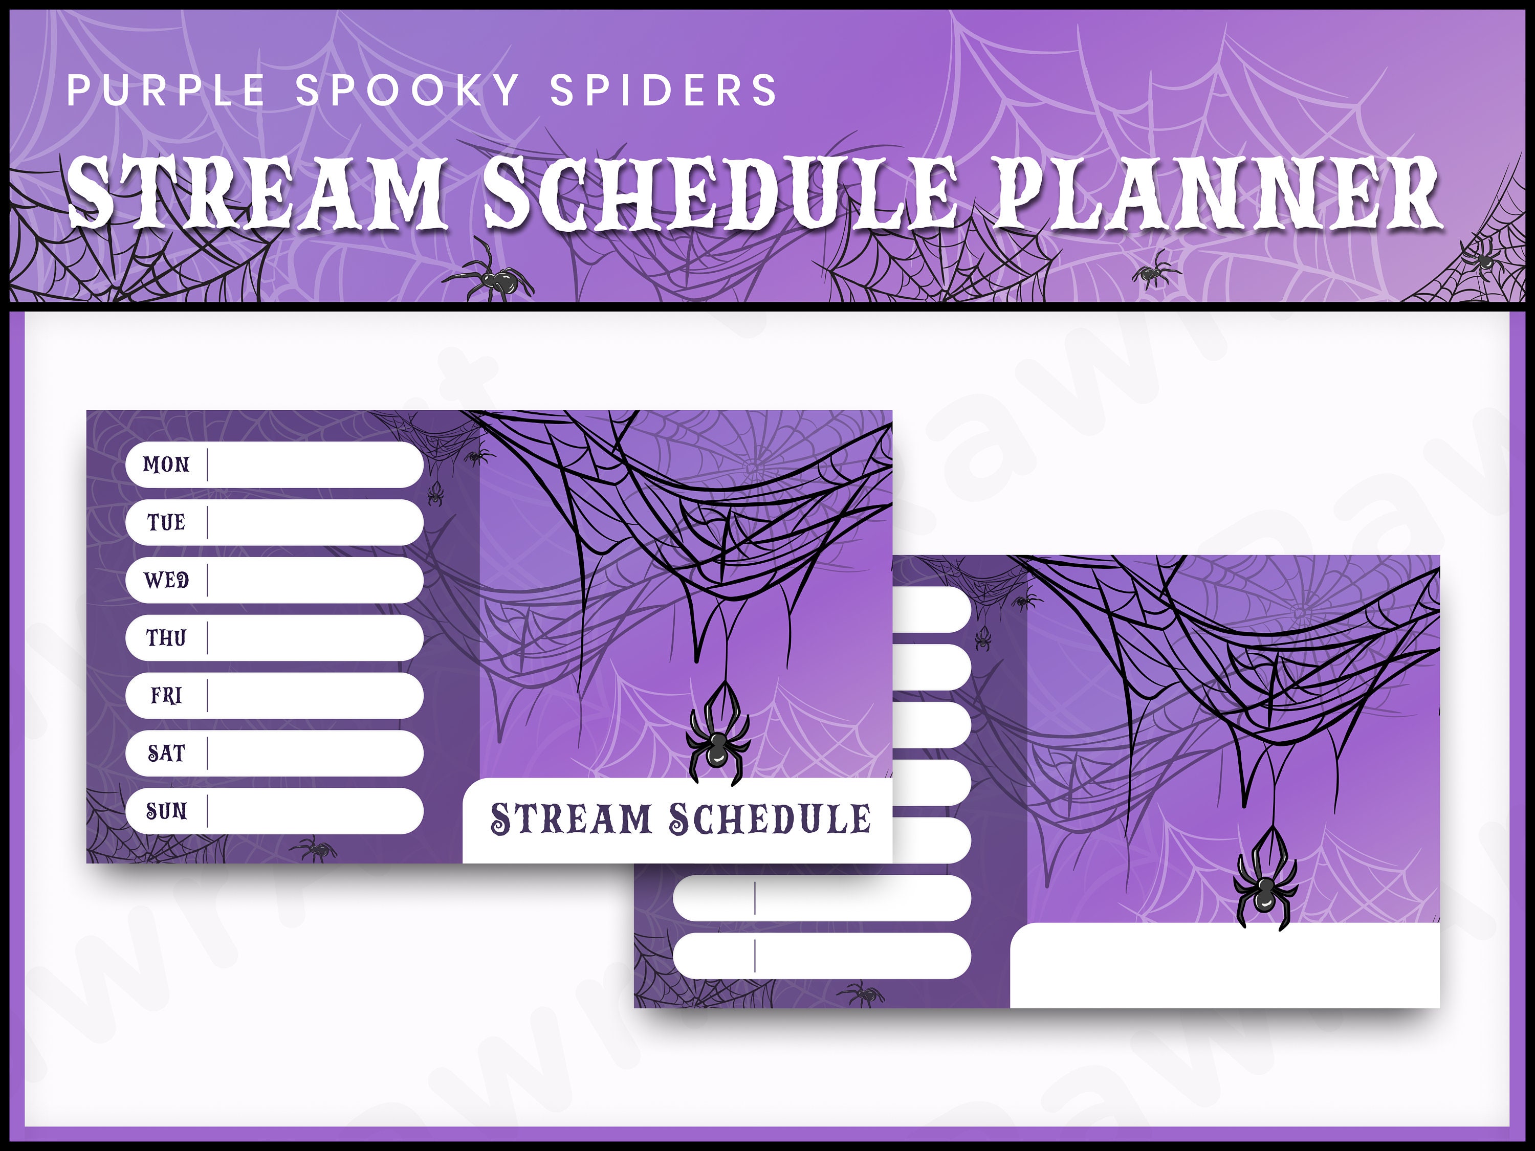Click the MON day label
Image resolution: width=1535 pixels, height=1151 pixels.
point(166,464)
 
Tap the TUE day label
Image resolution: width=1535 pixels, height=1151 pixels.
point(166,522)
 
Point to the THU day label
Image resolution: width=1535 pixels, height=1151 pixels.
point(166,637)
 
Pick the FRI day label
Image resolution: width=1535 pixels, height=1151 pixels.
point(166,695)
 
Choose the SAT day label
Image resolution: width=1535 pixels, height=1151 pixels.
point(166,753)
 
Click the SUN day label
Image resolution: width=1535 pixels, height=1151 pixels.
point(166,810)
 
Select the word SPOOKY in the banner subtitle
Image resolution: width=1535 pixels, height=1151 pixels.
point(407,90)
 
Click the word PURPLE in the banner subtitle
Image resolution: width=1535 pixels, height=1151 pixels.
point(166,90)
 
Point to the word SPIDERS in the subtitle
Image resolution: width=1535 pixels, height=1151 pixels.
point(664,90)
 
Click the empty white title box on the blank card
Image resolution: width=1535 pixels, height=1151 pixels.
point(1225,966)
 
